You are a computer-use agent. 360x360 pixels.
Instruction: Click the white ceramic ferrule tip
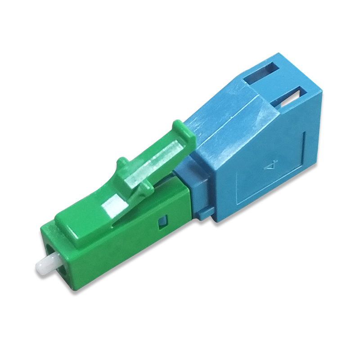(45, 266)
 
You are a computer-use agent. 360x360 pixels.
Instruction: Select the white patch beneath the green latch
(114, 207)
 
